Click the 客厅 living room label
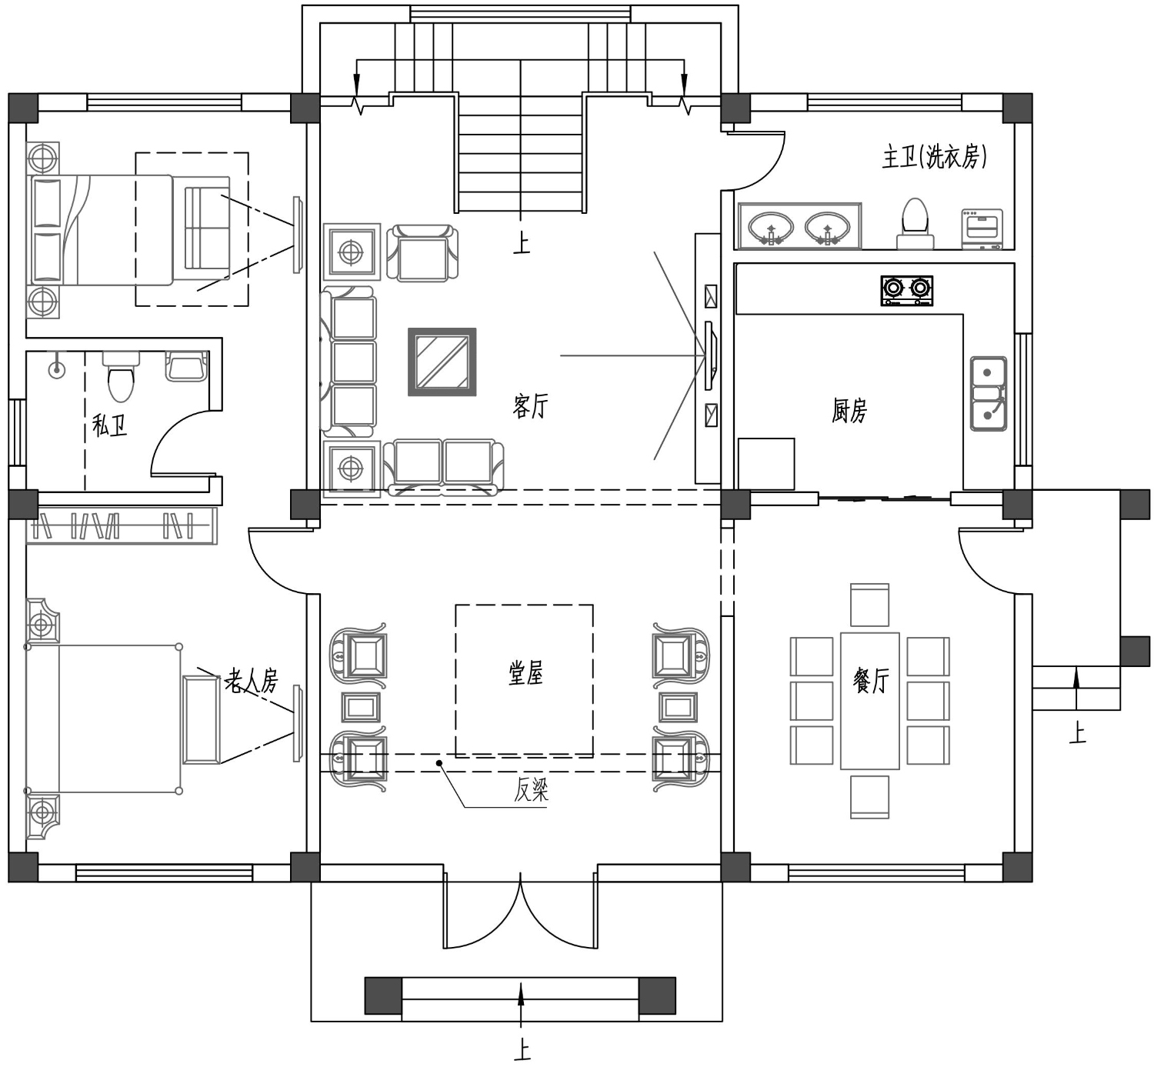point(530,405)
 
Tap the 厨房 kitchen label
point(849,410)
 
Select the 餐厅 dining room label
point(871,679)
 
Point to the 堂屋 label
point(526,674)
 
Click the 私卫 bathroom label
point(109,425)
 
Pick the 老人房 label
point(252,681)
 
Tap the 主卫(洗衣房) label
point(935,157)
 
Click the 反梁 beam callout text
point(531,790)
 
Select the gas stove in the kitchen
point(906,291)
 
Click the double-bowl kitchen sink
point(988,393)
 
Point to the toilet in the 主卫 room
point(916,224)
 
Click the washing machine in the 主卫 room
point(982,229)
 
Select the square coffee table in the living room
point(442,362)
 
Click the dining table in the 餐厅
point(869,701)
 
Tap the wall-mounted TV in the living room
point(711,355)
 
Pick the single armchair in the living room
point(422,253)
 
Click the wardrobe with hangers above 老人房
point(122,525)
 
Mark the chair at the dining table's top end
point(869,605)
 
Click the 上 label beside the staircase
point(521,243)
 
